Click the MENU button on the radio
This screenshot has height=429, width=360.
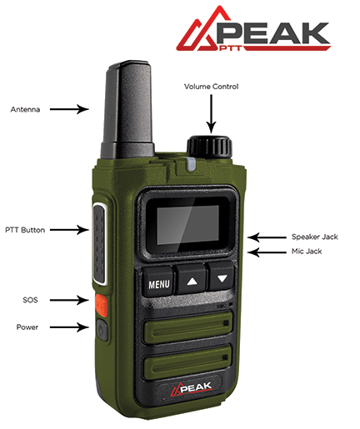coord(158,282)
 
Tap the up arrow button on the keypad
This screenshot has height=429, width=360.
coord(192,278)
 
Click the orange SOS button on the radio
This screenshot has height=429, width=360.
coord(101,305)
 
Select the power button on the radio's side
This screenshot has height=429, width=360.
coord(102,330)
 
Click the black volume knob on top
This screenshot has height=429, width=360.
coord(209,146)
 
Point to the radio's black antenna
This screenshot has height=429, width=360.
coord(127,110)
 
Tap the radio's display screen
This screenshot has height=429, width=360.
coord(187,225)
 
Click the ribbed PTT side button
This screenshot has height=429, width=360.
coord(99,244)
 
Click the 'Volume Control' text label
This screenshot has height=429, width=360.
coord(211,87)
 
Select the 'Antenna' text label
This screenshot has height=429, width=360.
coord(25,109)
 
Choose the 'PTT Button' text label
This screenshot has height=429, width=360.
coord(25,230)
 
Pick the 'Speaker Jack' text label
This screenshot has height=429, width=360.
coord(315,237)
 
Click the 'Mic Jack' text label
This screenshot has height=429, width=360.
coord(307,252)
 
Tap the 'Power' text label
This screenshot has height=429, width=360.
coord(27,327)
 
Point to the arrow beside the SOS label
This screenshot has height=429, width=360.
coord(69,300)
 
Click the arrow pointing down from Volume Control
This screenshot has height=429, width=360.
coord(212,114)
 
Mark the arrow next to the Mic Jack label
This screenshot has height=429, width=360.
coord(267,252)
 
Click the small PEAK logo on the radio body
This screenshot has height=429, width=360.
coord(191,388)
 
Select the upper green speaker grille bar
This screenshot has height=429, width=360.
coord(187,327)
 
